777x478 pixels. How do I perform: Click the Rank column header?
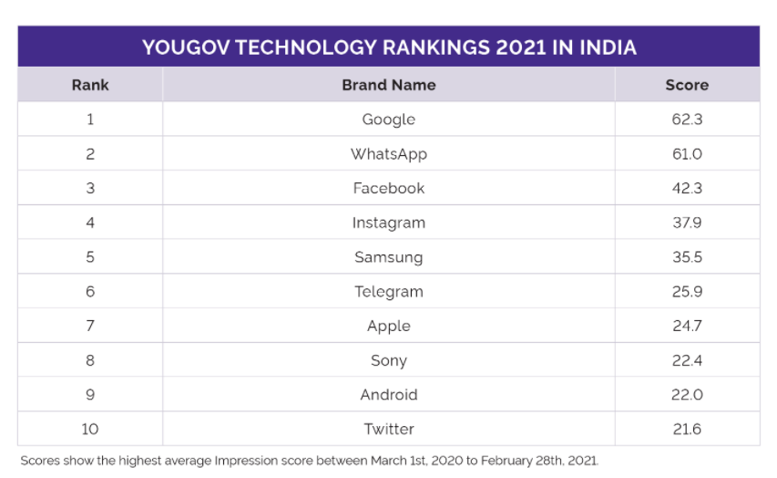pos(90,85)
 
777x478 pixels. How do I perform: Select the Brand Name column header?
pos(389,85)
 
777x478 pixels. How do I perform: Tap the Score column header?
pos(687,85)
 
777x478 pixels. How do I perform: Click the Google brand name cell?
pos(389,119)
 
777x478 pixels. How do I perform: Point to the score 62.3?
pos(687,119)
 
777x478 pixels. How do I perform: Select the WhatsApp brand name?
pos(389,154)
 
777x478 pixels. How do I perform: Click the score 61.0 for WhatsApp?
pos(687,154)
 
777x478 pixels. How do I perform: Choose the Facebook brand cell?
pos(389,188)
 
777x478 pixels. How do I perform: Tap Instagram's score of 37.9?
pos(687,223)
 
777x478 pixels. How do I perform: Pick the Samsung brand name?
pos(389,257)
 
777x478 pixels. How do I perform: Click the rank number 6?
pos(90,292)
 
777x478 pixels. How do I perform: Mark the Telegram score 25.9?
pos(687,292)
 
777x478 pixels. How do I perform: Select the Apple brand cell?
pos(389,326)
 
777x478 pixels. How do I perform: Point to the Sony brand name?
pos(389,360)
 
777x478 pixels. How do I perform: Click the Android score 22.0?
pos(687,395)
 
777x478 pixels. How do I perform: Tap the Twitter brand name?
pos(389,429)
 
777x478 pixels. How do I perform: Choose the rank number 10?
pos(90,429)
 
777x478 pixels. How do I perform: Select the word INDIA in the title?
pos(605,47)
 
